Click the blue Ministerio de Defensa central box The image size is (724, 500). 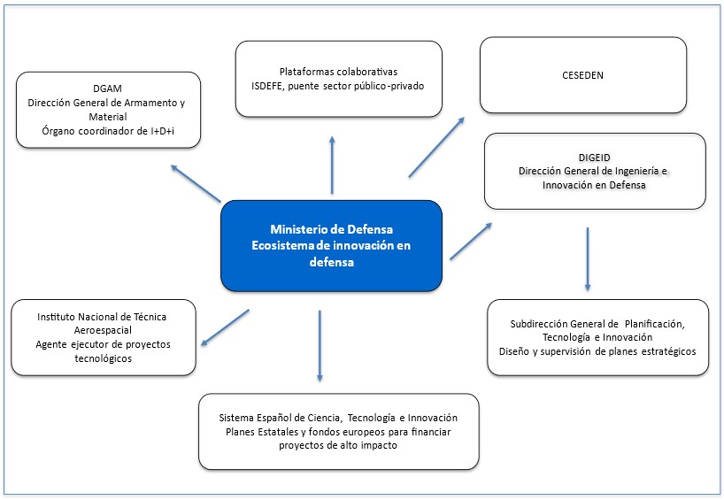330,245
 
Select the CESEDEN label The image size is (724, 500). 582,74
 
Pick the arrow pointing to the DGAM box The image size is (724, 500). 196,182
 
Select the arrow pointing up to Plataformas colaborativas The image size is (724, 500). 332,165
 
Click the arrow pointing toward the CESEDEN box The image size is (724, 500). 436,147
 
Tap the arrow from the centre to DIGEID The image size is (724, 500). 471,242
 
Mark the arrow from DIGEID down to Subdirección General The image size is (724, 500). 588,259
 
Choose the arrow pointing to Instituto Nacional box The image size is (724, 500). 225,327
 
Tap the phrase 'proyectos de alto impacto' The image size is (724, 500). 338,446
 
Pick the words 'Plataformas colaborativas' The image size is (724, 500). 338,71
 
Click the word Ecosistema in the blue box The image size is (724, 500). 285,245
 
